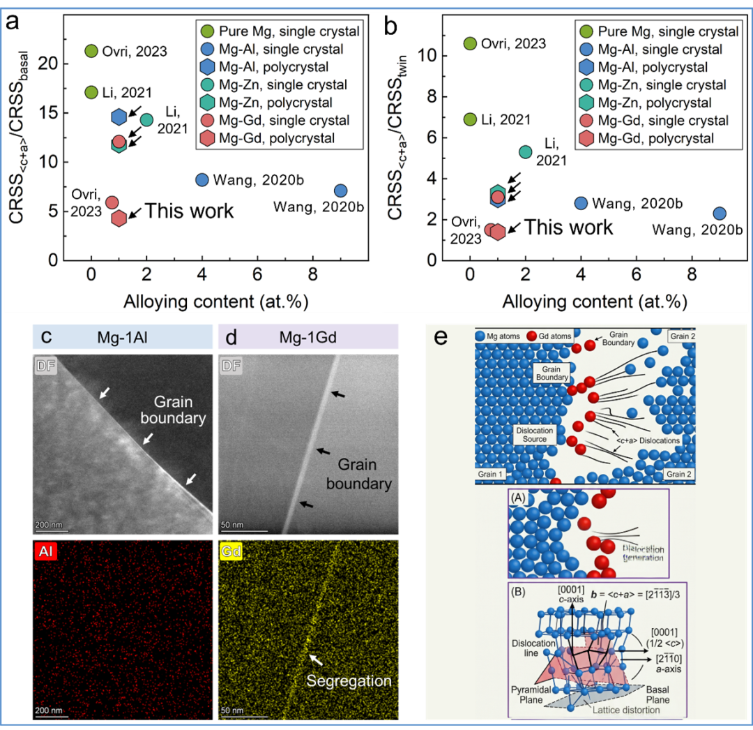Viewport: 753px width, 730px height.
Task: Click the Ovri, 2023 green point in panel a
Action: (x=91, y=51)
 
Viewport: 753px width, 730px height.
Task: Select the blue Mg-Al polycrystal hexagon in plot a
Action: (x=119, y=117)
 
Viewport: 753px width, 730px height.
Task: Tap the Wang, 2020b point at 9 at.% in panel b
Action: (x=720, y=214)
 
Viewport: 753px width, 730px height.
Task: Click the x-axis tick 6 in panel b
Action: (x=637, y=274)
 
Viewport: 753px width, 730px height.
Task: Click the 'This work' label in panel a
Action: (x=189, y=211)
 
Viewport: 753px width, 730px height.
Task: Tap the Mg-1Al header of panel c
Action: (x=123, y=338)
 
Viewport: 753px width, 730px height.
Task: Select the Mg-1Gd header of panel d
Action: (x=308, y=338)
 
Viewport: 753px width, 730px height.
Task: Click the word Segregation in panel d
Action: (x=349, y=681)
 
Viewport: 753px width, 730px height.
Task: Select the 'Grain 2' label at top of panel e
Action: (x=681, y=336)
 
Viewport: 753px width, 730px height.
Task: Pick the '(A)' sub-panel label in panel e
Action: (x=519, y=498)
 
